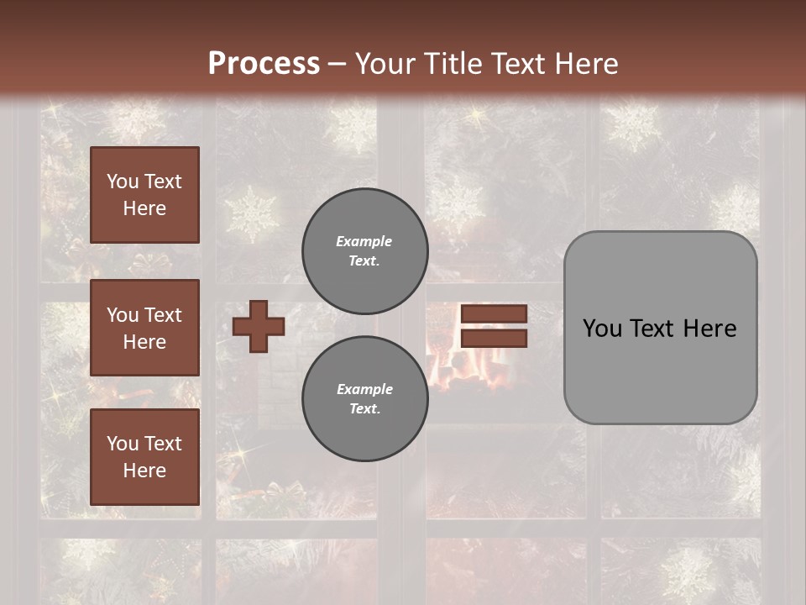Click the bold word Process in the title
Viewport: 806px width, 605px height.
(264, 63)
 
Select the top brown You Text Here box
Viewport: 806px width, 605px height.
(144, 195)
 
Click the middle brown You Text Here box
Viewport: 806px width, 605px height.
(144, 328)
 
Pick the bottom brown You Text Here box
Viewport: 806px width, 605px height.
(144, 457)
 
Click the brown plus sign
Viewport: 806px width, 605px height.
(259, 326)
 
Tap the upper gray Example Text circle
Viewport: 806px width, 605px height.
(364, 250)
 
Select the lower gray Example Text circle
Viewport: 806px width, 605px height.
(364, 398)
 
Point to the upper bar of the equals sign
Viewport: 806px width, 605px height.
(494, 313)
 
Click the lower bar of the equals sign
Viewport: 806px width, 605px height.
(494, 339)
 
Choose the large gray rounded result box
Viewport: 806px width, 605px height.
(660, 370)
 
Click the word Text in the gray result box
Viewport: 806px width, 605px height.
(656, 329)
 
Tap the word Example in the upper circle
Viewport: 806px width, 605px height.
(364, 241)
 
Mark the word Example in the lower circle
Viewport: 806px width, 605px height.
(364, 389)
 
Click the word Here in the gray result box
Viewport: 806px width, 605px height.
(709, 329)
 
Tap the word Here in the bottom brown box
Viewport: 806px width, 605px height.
(144, 471)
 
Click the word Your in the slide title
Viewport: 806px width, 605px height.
(385, 63)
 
